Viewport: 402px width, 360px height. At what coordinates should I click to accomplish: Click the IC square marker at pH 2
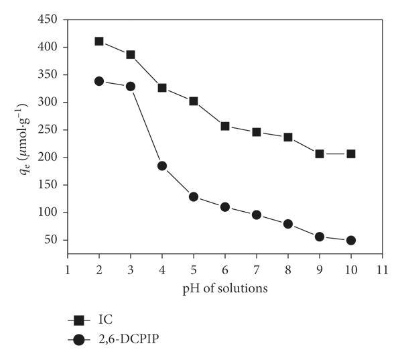pos(99,41)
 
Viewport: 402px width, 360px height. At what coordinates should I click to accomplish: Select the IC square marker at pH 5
pos(194,101)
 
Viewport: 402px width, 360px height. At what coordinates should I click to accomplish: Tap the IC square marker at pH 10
pos(350,154)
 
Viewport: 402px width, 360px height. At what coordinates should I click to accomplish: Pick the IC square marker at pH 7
pos(257,132)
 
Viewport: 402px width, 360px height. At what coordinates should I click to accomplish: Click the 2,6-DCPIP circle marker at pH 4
pos(162,166)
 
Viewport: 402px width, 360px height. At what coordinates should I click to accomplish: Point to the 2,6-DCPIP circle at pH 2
pos(99,81)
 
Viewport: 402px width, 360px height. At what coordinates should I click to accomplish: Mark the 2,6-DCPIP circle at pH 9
pos(320,237)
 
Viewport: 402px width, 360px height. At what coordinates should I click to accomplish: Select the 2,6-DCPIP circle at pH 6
pos(225,207)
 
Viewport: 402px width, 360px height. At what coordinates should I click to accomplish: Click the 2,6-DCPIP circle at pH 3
pos(131,86)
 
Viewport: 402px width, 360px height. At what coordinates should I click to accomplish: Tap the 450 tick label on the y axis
pos(48,19)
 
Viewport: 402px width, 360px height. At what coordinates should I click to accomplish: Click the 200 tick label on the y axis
pos(48,158)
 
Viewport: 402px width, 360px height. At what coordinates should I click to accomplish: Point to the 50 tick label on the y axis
pos(51,240)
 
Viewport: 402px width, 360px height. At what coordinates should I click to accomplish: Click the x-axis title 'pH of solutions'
pos(224,288)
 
